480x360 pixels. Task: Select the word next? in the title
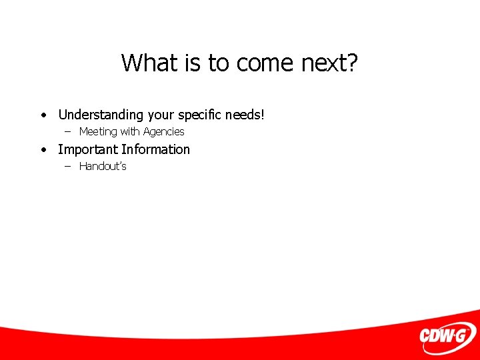(x=329, y=63)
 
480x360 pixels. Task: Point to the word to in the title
(x=218, y=63)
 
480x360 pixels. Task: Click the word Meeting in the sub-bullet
(x=98, y=132)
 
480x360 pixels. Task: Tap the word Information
(x=155, y=149)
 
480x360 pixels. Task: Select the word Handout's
(x=103, y=167)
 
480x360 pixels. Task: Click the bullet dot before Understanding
(x=43, y=115)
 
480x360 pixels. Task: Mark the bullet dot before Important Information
(x=43, y=150)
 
